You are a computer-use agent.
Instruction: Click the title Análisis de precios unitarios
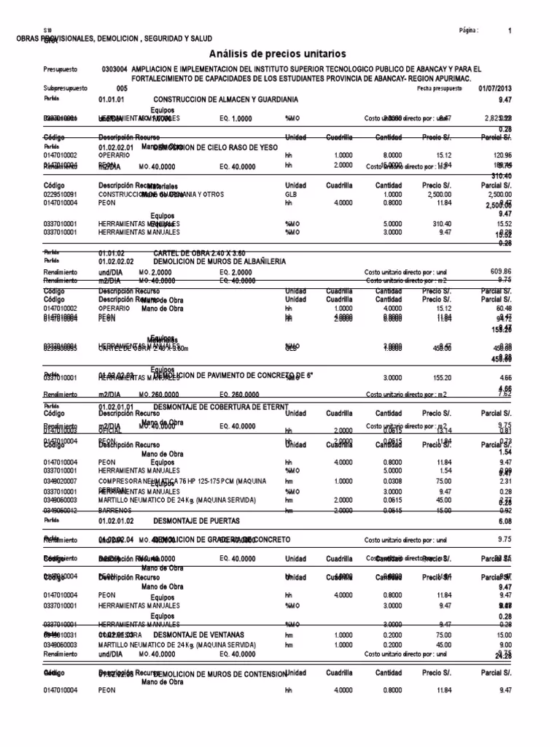click(x=278, y=54)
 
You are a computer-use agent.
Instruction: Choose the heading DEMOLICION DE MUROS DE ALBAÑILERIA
click(x=224, y=261)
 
